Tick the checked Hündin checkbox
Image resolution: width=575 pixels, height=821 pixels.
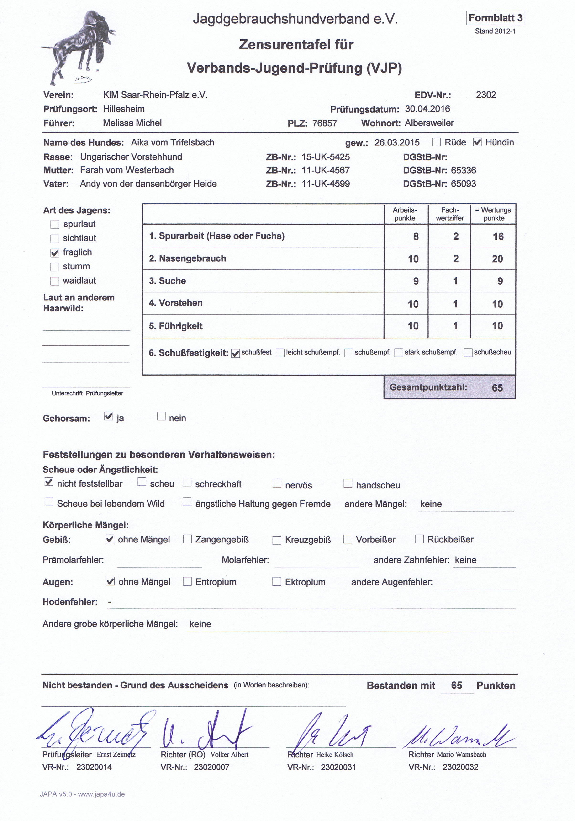point(477,142)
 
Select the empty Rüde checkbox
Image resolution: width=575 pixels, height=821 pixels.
point(436,142)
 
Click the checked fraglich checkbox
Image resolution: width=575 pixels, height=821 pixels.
point(55,253)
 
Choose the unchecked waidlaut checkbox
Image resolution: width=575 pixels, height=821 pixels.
point(55,281)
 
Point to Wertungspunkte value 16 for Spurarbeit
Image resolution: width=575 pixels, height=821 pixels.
point(498,236)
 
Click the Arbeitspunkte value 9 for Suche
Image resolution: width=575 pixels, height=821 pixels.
point(416,281)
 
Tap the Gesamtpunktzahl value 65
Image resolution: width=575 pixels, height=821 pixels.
point(497,388)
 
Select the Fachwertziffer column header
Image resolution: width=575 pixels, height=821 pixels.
point(449,214)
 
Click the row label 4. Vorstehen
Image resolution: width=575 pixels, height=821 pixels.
point(176,303)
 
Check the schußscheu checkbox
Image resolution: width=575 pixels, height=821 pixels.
point(468,353)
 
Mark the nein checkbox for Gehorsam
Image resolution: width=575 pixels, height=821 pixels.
point(162,416)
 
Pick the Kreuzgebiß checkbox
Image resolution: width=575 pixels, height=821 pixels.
point(277,540)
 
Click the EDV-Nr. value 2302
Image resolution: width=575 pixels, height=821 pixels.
point(486,95)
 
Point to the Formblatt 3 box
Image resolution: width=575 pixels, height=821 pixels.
point(495,18)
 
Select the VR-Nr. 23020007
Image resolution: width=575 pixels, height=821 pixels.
point(211,767)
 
